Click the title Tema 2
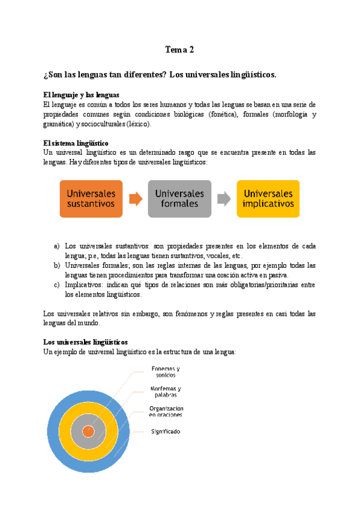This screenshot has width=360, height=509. (179, 50)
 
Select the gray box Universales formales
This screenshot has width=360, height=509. (179, 199)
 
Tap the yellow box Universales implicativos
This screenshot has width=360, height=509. (268, 199)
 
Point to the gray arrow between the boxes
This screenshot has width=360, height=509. (224, 199)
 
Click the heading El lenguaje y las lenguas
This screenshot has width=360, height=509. (82, 95)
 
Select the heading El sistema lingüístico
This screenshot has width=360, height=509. (76, 143)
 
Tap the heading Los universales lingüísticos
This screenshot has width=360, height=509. (85, 342)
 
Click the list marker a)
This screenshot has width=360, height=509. (57, 246)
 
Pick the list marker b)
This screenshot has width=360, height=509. (57, 265)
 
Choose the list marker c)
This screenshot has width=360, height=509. (57, 285)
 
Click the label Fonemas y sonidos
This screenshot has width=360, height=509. (165, 372)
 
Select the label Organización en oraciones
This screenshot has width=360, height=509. (166, 411)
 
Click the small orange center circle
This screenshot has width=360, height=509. (89, 431)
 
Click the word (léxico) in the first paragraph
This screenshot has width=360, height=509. (139, 124)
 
